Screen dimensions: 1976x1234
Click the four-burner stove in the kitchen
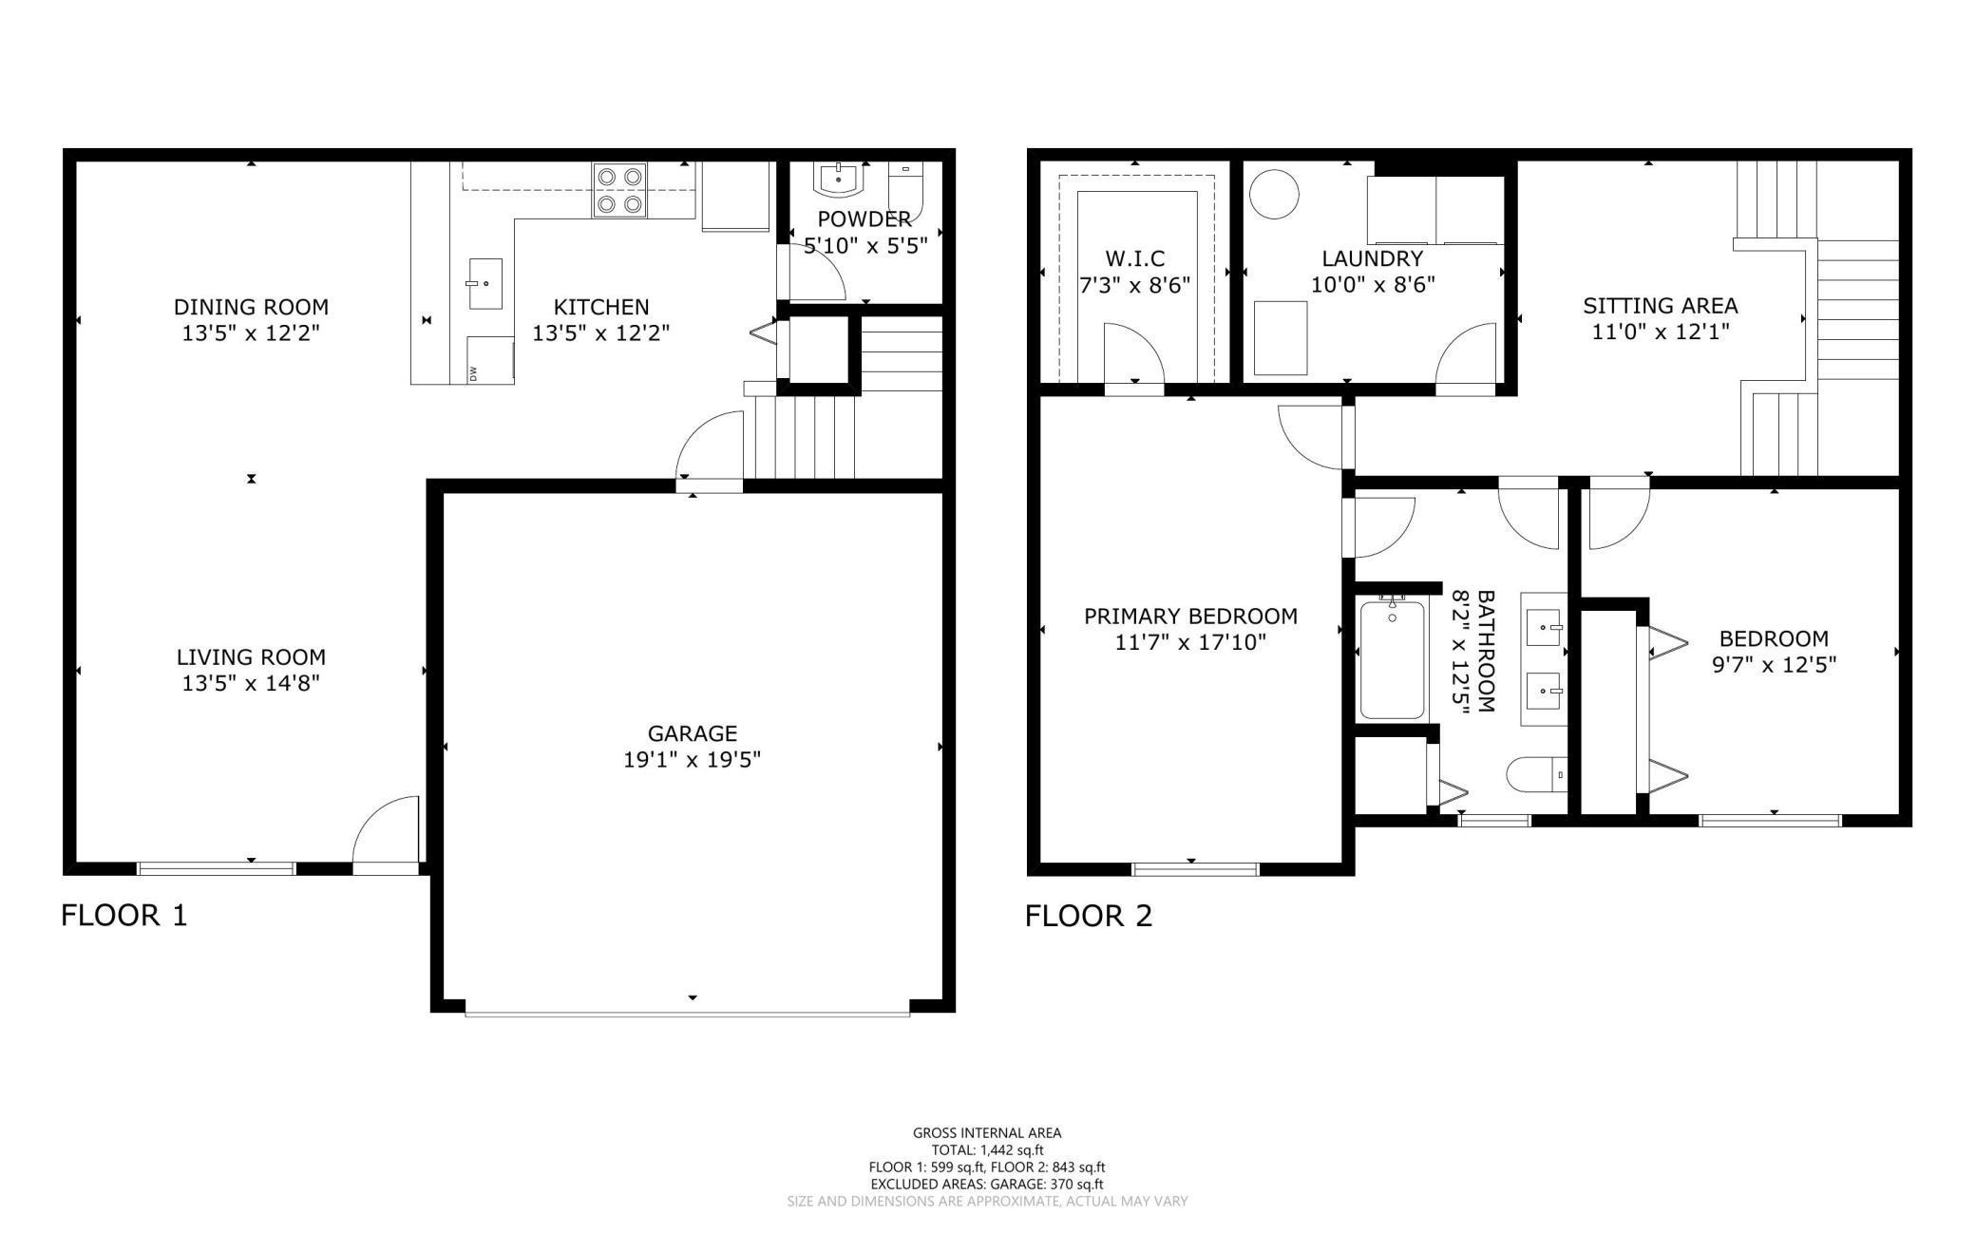tap(619, 190)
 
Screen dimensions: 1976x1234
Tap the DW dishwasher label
tap(473, 373)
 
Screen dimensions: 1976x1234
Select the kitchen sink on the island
tap(484, 283)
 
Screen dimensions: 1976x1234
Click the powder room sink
tap(838, 178)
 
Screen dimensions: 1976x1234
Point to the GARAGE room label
tap(692, 733)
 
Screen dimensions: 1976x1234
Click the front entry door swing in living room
tap(386, 831)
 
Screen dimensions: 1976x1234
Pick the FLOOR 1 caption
tap(124, 915)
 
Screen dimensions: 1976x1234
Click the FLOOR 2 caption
tap(1089, 916)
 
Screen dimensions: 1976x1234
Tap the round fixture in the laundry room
tap(1273, 195)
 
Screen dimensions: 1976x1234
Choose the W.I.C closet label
tap(1135, 258)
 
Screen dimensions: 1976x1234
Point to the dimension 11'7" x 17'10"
tap(1190, 642)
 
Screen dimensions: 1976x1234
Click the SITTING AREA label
tap(1661, 306)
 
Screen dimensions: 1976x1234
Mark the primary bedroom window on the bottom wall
tap(1195, 867)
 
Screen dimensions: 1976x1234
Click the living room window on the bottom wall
tap(217, 867)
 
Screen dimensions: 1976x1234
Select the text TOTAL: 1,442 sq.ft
tap(987, 1150)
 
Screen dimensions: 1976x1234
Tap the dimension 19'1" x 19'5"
tap(692, 760)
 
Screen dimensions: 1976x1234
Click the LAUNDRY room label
tap(1373, 258)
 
